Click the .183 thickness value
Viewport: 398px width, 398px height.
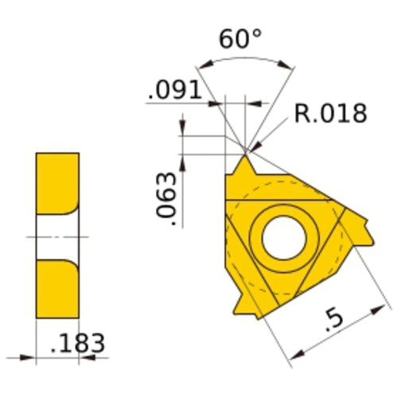(76, 345)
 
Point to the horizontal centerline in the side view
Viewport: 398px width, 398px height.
(58, 236)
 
